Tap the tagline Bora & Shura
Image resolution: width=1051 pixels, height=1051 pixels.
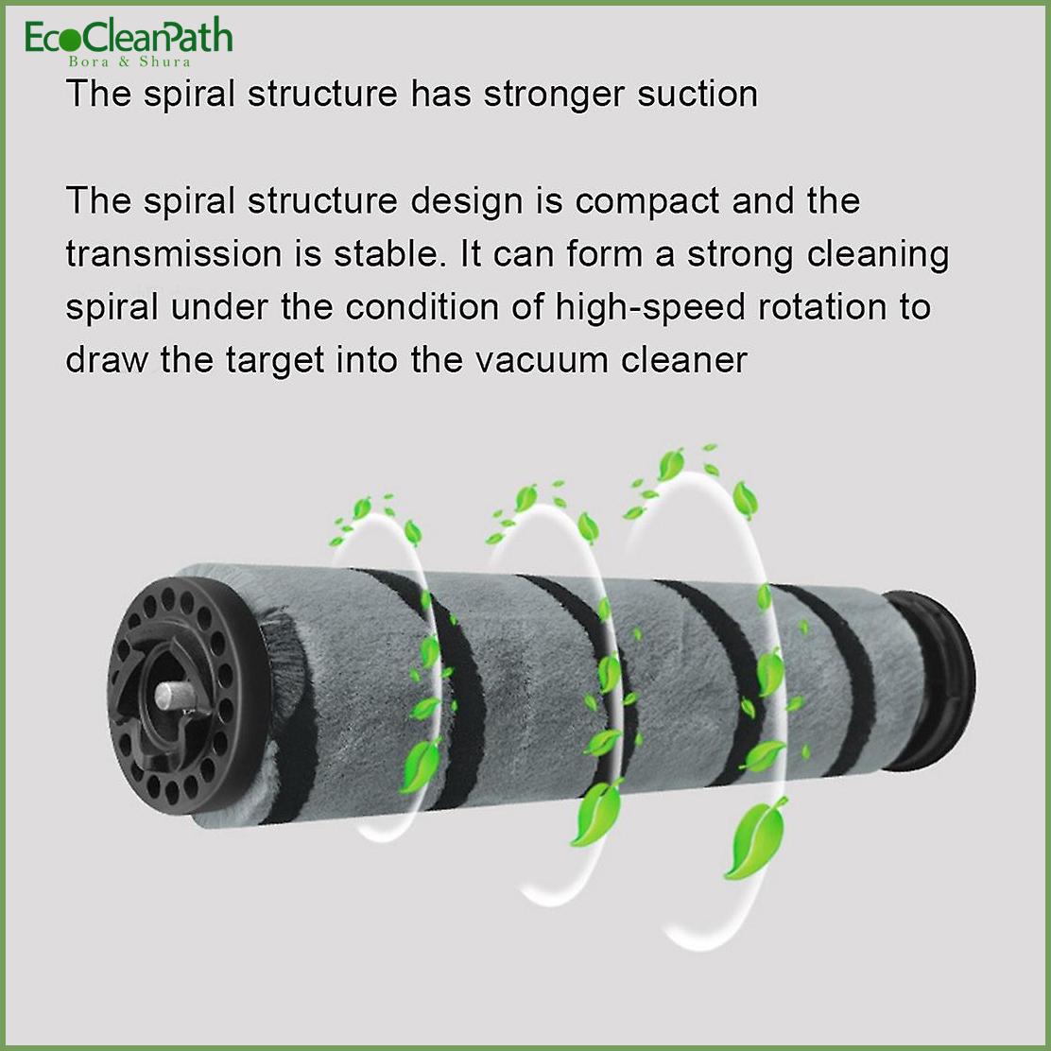click(x=129, y=61)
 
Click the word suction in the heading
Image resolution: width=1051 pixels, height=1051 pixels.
click(x=698, y=94)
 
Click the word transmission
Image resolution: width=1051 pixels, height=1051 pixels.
click(x=174, y=254)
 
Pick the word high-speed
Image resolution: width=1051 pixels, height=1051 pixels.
click(x=650, y=308)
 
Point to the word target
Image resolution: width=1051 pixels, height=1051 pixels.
click(x=275, y=362)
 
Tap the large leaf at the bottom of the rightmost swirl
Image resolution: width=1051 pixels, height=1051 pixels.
click(x=755, y=837)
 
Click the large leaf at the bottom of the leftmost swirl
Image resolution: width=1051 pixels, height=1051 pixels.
click(x=421, y=765)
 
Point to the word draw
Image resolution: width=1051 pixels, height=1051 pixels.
click(x=107, y=361)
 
